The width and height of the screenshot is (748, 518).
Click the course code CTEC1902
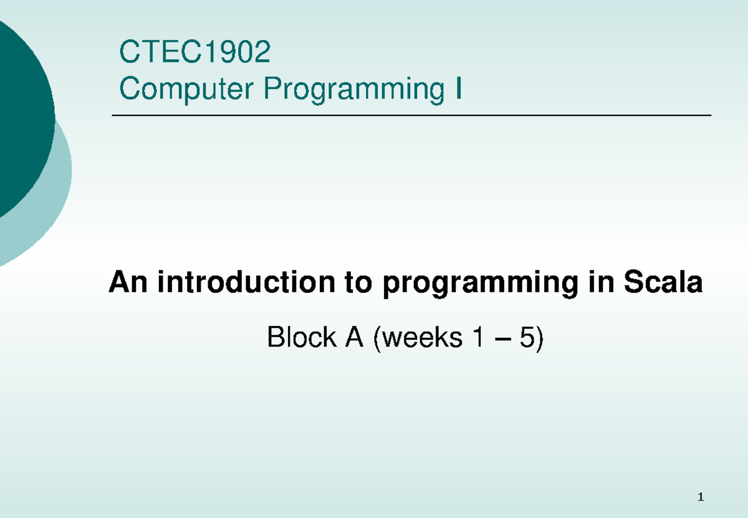(x=194, y=53)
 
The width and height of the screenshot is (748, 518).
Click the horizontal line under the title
(x=411, y=116)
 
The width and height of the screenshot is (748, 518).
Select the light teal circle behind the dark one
(x=59, y=187)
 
